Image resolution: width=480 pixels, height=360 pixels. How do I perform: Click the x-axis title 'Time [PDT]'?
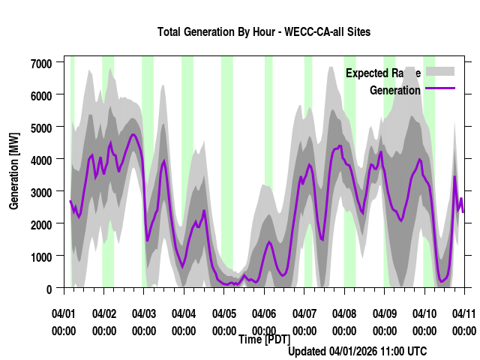(264, 340)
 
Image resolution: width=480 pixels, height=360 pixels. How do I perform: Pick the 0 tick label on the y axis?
(49, 289)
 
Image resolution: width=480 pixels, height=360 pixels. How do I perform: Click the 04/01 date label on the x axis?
(64, 313)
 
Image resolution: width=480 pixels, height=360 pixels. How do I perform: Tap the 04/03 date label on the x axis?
(144, 313)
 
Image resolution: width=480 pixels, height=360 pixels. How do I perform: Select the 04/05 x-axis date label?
(224, 313)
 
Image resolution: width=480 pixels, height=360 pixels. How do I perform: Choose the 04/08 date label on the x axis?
(344, 313)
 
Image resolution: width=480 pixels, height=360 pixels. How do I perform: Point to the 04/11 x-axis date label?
(464, 313)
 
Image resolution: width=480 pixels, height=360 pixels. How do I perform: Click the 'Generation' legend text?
(395, 91)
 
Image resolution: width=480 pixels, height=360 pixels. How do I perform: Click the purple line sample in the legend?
(440, 89)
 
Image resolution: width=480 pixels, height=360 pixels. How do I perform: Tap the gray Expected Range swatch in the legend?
(440, 71)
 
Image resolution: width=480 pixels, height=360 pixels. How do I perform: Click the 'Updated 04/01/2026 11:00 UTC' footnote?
(358, 351)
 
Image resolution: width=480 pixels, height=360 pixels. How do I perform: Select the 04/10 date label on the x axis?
(424, 313)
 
